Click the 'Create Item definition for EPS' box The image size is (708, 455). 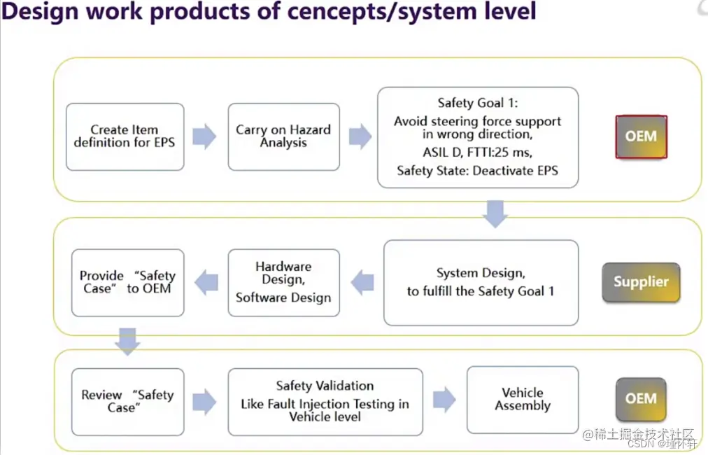click(x=125, y=136)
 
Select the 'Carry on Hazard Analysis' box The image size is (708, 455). click(x=283, y=136)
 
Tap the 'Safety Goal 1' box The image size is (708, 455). click(x=477, y=137)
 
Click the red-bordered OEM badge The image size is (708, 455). click(x=641, y=136)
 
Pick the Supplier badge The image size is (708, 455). click(x=641, y=282)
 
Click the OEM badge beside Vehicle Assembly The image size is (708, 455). click(x=641, y=398)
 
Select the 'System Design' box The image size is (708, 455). click(x=481, y=282)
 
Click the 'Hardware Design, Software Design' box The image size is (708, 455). click(x=283, y=282)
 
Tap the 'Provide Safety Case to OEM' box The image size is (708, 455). click(x=127, y=282)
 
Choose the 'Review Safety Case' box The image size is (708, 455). click(x=127, y=401)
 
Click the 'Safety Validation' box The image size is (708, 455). click(x=325, y=401)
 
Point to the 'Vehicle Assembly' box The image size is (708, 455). click(x=522, y=399)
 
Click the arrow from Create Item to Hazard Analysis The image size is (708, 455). click(x=204, y=136)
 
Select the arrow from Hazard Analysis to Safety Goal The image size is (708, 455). click(x=360, y=136)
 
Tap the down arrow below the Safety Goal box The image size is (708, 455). click(x=495, y=213)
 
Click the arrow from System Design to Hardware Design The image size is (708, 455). click(x=362, y=283)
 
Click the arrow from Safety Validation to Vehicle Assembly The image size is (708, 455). click(x=444, y=400)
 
